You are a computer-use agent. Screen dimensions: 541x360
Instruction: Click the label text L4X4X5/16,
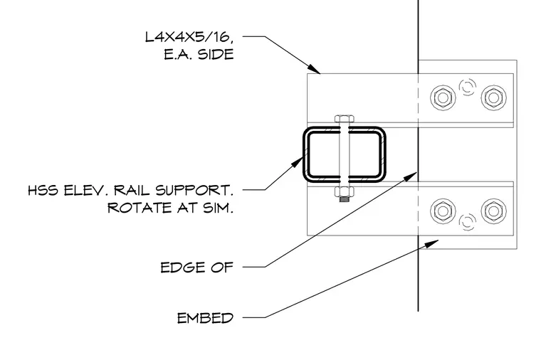coord(189,37)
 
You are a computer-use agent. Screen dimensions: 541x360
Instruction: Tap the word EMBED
coord(205,318)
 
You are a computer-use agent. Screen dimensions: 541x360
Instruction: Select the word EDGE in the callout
coord(183,268)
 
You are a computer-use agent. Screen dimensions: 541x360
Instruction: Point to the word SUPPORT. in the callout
coord(194,191)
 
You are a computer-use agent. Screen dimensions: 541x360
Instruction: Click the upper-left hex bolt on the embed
coord(443,97)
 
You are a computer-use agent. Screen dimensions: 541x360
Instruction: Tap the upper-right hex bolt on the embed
coord(494,97)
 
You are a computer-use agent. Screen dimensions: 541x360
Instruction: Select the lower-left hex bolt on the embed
coord(443,211)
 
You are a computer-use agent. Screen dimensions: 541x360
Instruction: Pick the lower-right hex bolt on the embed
coord(494,211)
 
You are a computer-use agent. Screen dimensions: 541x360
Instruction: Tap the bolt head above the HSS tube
coord(345,119)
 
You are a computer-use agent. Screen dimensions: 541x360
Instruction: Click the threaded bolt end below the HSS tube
coord(345,199)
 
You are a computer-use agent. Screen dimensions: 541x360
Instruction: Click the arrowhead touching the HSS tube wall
coord(297,162)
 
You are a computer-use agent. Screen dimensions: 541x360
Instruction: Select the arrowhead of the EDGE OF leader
coord(411,176)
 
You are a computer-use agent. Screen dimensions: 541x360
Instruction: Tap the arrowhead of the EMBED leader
coord(431,243)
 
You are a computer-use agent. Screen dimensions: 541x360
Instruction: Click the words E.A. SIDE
coord(199,55)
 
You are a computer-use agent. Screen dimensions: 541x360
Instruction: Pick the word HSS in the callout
coord(43,191)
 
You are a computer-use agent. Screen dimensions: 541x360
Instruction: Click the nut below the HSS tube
coord(345,191)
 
